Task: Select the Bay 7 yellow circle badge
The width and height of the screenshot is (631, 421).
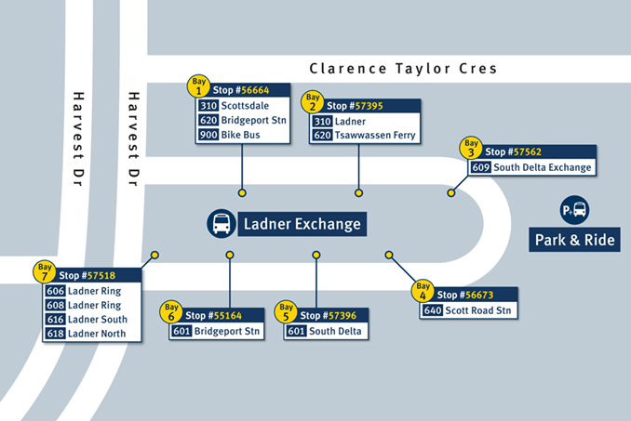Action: point(44,271)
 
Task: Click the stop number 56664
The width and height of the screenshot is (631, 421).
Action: point(253,90)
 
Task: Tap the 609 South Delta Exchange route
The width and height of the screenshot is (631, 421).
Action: point(530,167)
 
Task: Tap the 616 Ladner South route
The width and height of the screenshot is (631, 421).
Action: point(91,319)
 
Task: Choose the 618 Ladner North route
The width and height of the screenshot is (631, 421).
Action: point(91,333)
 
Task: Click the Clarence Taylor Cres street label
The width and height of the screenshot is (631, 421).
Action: point(403,69)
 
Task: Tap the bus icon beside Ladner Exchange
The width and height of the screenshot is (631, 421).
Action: point(222,223)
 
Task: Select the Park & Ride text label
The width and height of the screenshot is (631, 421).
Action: point(574,241)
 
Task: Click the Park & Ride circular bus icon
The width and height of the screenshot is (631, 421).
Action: point(574,210)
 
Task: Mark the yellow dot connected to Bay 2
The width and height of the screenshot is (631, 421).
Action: point(358,193)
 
